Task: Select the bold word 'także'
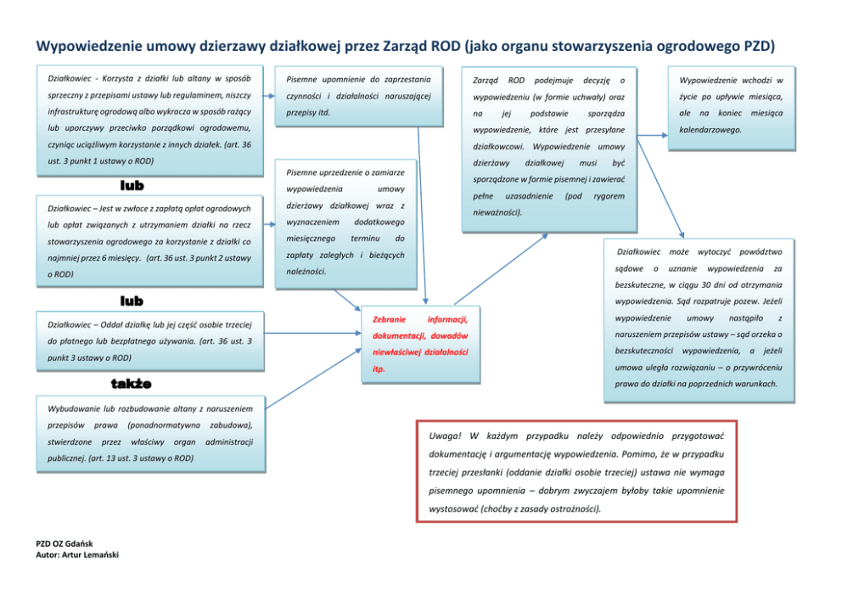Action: (132, 384)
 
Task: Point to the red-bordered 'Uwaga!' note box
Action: (576, 471)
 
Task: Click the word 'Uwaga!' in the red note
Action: (445, 435)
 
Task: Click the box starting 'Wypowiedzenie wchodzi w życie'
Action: (731, 106)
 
